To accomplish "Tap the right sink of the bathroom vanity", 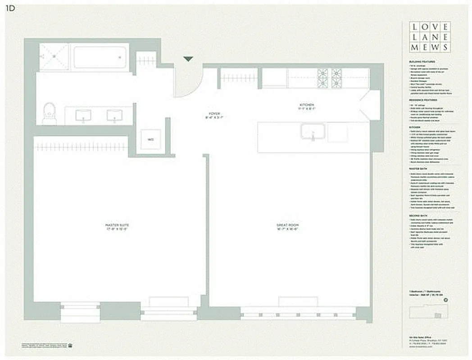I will [114, 116].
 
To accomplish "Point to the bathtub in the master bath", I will [100, 57].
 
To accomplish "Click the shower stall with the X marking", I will [54, 57].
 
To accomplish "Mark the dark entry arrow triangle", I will [188, 59].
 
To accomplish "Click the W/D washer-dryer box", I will [150, 140].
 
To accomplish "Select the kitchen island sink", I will [313, 132].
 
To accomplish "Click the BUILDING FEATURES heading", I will [422, 61].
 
